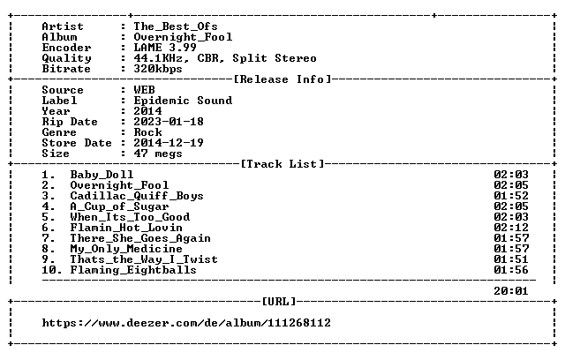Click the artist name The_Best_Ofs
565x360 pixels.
point(176,26)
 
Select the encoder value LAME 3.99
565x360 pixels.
point(165,48)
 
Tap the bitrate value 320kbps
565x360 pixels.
point(158,69)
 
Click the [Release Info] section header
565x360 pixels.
point(282,79)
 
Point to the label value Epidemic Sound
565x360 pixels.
point(183,101)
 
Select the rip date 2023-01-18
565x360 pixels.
point(169,122)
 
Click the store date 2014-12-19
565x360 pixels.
point(169,143)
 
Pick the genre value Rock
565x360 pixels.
point(147,132)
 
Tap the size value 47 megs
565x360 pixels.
point(158,154)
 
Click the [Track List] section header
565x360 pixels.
point(282,164)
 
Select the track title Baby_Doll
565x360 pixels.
point(102,175)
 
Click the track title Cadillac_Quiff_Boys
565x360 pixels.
point(137,196)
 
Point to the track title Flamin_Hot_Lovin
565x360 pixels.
point(126,228)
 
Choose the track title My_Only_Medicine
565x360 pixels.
point(126,249)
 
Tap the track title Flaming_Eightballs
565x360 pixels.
point(133,270)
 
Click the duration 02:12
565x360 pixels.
point(511,228)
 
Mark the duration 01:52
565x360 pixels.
point(511,196)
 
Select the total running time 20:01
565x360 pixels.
point(511,291)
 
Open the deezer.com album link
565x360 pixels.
point(186,323)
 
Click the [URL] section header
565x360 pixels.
point(279,302)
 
